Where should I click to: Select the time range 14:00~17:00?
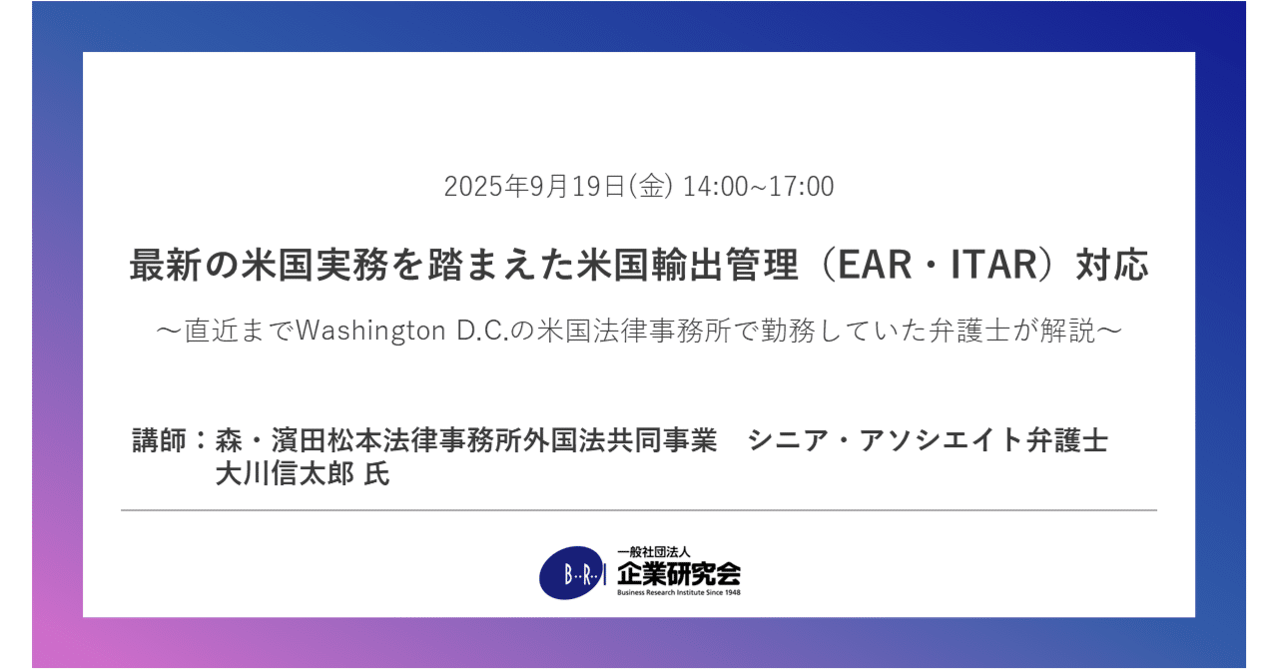[x=759, y=187]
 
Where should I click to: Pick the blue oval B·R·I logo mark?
[x=572, y=573]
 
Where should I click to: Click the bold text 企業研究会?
[x=679, y=573]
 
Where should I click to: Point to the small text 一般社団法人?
[x=647, y=551]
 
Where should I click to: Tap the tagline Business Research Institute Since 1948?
[x=679, y=592]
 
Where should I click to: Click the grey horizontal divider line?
[x=639, y=510]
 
